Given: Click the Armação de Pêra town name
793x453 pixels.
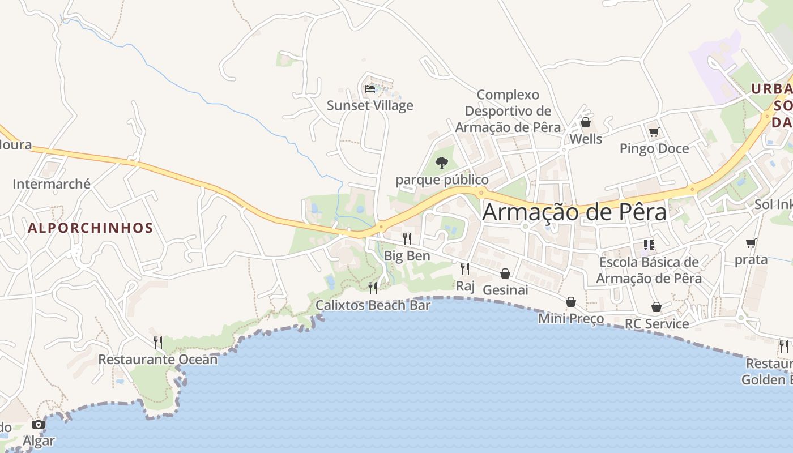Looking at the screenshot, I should pos(574,212).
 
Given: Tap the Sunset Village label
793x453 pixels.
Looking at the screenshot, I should pos(370,105).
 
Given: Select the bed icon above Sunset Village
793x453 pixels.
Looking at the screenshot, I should pos(370,89).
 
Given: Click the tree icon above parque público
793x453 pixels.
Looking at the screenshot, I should pos(442,164).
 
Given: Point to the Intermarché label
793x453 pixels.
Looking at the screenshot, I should pos(52,183).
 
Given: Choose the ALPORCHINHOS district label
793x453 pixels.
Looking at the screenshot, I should pos(91,228).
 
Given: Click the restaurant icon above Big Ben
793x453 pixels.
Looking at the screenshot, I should pos(407,238).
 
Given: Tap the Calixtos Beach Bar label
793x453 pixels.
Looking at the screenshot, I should pos(373,305).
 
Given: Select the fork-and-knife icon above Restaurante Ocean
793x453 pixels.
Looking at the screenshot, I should pos(158,342).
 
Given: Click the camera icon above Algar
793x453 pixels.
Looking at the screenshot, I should pos(38,424).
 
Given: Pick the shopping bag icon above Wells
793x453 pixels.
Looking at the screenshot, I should pos(586,123).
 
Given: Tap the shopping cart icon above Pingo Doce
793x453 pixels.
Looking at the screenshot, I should pos(654,133).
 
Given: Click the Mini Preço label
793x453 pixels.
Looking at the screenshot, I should pos(571,319).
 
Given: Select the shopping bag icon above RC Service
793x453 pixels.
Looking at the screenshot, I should pos(656,307).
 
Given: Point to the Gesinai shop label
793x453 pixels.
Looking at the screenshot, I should pos(505,290).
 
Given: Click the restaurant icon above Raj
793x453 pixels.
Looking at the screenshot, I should pos(465,268).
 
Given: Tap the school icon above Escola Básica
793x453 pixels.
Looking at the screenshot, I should pos(649,245).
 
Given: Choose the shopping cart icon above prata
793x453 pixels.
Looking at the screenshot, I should pos(751,243).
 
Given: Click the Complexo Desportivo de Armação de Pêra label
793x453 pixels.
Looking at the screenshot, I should pos(508,111).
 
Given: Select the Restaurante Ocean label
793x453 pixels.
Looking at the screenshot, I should pos(158,360).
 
